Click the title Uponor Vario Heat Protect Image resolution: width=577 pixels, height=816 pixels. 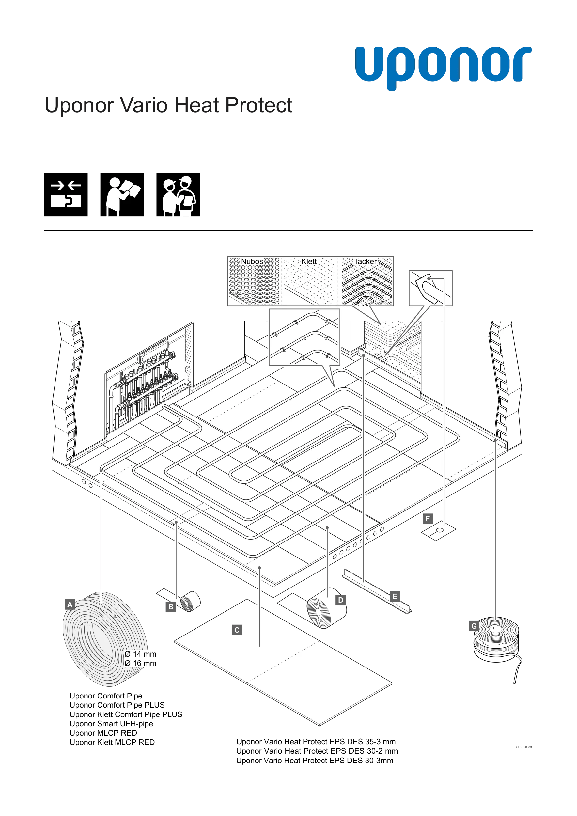168,105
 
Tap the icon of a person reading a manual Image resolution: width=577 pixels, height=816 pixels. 122,195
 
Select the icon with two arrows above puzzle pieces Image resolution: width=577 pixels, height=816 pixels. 66,195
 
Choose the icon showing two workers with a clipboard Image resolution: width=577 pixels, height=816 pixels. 178,195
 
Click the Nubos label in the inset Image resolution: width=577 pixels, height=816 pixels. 252,261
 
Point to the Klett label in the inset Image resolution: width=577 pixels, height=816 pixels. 309,261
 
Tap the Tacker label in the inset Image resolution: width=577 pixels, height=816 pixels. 365,261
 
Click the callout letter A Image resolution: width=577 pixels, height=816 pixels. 70,604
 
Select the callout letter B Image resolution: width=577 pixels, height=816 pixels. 171,607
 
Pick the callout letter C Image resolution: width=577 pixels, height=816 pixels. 237,630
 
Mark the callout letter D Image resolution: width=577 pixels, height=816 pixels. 341,600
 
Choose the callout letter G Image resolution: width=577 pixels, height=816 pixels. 474,626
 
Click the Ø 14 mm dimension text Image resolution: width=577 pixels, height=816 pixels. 141,654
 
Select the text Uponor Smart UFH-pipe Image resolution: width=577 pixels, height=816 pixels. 111,724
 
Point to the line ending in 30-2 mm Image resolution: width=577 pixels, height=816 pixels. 317,751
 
